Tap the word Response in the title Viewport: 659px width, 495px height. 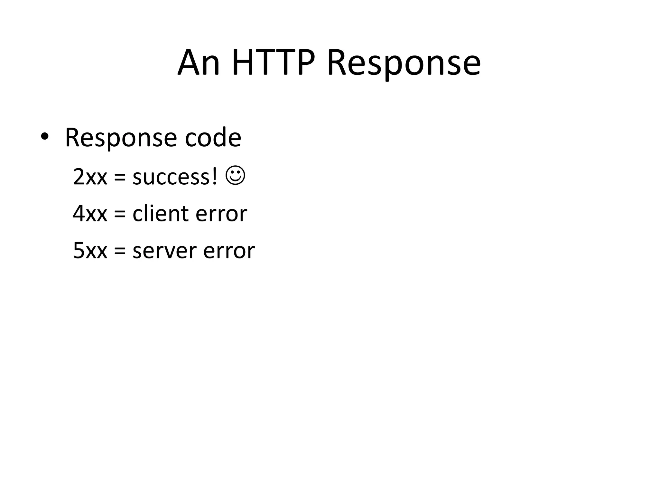tap(404, 63)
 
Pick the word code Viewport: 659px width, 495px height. tap(213, 138)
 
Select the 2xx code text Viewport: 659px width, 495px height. tap(90, 177)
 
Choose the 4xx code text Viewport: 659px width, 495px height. tap(90, 214)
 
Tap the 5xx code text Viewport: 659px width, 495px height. tap(90, 251)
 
